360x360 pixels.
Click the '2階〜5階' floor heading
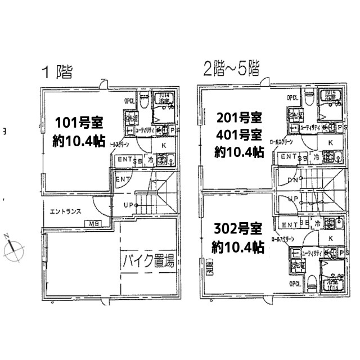pos(231,70)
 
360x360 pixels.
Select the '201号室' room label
pos(239,119)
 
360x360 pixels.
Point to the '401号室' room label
pos(239,135)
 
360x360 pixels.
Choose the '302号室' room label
pos(238,229)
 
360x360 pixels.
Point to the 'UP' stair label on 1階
pos(129,205)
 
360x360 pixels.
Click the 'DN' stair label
pos(293,181)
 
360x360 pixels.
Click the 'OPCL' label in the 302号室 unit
pos(294,283)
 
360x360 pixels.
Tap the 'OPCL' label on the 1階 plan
pos(130,102)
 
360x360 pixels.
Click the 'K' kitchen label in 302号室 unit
pos(330,238)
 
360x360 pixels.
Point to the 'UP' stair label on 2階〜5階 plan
pos(293,199)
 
